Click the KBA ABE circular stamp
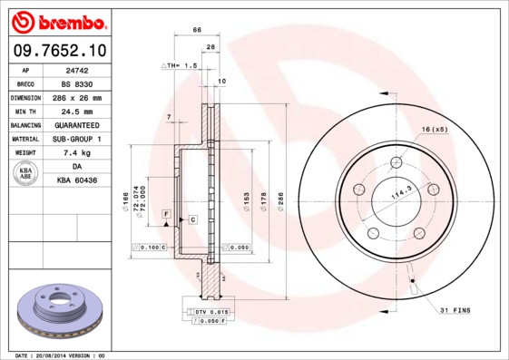26,174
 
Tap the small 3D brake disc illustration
61,311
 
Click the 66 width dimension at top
197,31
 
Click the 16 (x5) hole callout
434,129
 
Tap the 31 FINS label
455,311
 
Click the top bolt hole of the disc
396,163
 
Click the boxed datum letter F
166,212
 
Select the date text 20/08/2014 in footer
60,355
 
